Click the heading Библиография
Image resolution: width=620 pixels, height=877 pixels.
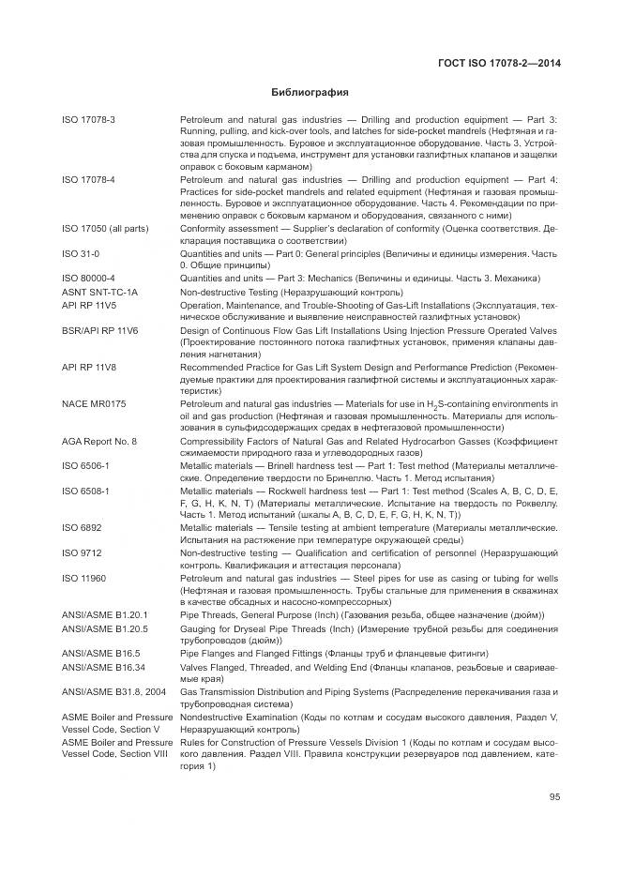pos(310,93)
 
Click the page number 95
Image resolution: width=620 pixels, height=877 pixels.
pos(554,797)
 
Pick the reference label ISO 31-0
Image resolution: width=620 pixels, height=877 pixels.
pos(81,253)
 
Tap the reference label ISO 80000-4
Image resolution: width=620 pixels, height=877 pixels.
pos(88,279)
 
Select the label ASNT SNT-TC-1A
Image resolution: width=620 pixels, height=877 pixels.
pos(99,293)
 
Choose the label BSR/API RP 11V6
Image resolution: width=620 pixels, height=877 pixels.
pos(99,331)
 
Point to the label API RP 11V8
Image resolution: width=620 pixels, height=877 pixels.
pos(88,368)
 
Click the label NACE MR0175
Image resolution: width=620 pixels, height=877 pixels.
pos(94,403)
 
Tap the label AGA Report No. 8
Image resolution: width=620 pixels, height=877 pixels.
pos(99,441)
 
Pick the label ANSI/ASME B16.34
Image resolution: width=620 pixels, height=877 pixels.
pos(105,666)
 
